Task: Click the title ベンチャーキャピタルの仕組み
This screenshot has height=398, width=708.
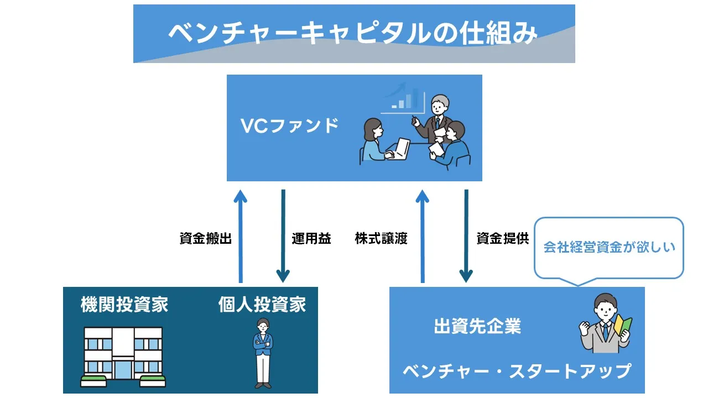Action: (352, 34)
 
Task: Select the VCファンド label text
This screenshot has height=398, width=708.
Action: (289, 126)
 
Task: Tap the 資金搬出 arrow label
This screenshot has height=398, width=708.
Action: (205, 239)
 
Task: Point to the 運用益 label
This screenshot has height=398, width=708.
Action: (311, 239)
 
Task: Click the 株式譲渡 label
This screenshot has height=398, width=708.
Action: (381, 239)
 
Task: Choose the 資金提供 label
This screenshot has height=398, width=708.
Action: (503, 239)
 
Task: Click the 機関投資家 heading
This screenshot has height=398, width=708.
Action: (124, 305)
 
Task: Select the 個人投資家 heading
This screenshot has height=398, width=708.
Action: (262, 305)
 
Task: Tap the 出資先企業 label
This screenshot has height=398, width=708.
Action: (477, 326)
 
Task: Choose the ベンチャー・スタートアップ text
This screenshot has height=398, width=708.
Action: (517, 370)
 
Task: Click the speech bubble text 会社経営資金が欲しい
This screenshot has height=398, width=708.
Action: (609, 247)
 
